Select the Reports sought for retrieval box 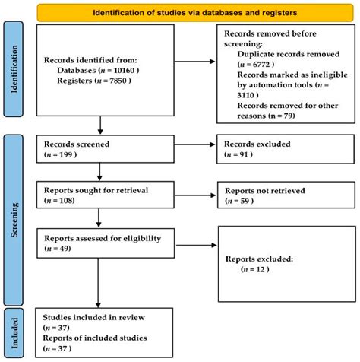tap(99, 194)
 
